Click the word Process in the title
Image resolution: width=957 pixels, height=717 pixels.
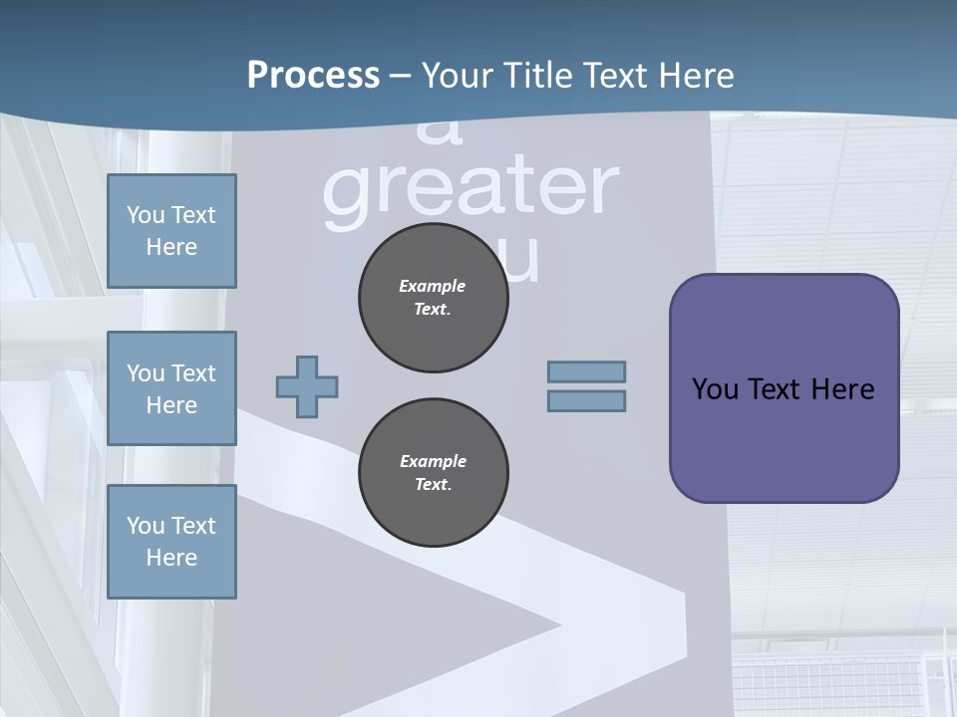tap(313, 76)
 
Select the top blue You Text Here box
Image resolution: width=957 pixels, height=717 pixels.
tap(171, 231)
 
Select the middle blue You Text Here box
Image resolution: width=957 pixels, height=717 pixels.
tap(171, 388)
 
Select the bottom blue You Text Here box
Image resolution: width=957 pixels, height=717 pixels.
tap(171, 542)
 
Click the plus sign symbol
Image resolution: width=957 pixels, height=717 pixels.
tap(307, 386)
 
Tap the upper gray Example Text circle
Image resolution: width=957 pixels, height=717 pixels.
tap(433, 298)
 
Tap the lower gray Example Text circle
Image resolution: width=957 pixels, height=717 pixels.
tap(433, 473)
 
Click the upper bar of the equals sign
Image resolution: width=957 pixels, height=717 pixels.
tap(586, 371)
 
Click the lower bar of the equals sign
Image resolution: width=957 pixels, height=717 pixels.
tap(586, 401)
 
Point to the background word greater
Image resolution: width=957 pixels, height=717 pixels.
tap(471, 189)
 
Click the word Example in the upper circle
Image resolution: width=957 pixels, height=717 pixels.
tap(433, 286)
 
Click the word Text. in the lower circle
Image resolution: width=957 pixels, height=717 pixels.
tap(433, 485)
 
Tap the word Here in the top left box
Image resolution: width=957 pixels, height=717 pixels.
tap(171, 247)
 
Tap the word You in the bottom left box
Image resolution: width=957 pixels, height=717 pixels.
tap(146, 526)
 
